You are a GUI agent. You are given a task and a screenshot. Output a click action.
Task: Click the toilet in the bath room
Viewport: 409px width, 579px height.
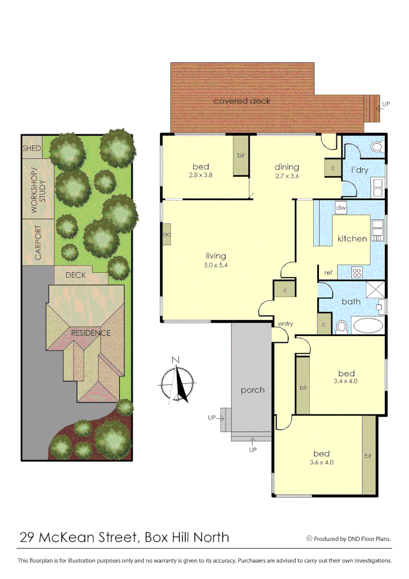[341, 326]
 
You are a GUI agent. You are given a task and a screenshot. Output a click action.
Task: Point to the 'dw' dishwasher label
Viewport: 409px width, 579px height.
[340, 207]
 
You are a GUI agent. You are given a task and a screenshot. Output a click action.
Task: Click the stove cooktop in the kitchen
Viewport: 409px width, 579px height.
[357, 272]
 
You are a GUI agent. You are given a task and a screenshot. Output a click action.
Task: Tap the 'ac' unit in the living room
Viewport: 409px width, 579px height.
[167, 234]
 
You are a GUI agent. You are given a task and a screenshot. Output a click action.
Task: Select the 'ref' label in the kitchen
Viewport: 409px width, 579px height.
[329, 273]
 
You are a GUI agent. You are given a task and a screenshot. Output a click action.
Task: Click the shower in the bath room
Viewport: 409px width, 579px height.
[375, 290]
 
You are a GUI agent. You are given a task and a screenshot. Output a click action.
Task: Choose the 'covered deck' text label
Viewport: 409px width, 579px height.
[242, 101]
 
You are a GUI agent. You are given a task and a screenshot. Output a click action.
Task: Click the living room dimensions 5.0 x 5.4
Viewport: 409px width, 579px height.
[215, 265]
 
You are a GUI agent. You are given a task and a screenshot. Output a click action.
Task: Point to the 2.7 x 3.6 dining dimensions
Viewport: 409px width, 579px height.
[287, 176]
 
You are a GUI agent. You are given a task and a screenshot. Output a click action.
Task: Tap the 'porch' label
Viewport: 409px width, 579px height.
[252, 390]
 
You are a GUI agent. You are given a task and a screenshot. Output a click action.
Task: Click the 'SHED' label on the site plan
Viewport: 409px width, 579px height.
[32, 148]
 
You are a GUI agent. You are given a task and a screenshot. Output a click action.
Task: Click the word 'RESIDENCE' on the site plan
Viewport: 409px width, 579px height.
[91, 333]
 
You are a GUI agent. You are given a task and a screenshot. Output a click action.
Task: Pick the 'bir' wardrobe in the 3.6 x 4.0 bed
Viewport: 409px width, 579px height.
[368, 456]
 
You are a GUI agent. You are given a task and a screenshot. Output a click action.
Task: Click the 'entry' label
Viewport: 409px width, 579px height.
[285, 324]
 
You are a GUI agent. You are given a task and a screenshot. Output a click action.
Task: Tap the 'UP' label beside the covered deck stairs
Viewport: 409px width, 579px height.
[386, 104]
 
